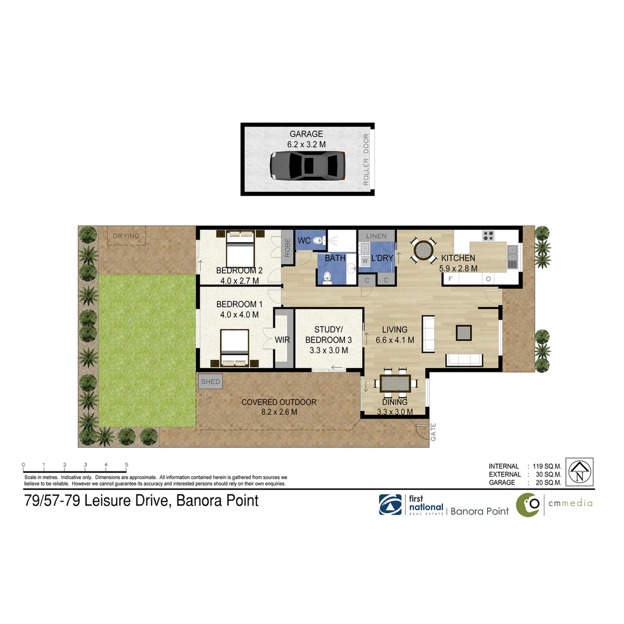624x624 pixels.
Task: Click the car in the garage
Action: pos(307,165)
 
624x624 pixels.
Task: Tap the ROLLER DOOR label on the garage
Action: pos(365,159)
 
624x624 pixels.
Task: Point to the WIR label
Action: pos(283,340)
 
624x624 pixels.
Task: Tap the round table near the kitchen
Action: pos(423,251)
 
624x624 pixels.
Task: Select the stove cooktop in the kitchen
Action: pos(488,235)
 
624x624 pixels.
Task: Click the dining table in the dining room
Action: pos(395,383)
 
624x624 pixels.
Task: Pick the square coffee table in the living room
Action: pos(463,332)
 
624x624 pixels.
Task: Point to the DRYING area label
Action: pos(125,236)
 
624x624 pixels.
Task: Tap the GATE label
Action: pos(433,432)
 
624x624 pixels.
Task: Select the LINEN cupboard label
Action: pos(376,236)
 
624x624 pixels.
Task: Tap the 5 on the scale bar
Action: pos(126,465)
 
